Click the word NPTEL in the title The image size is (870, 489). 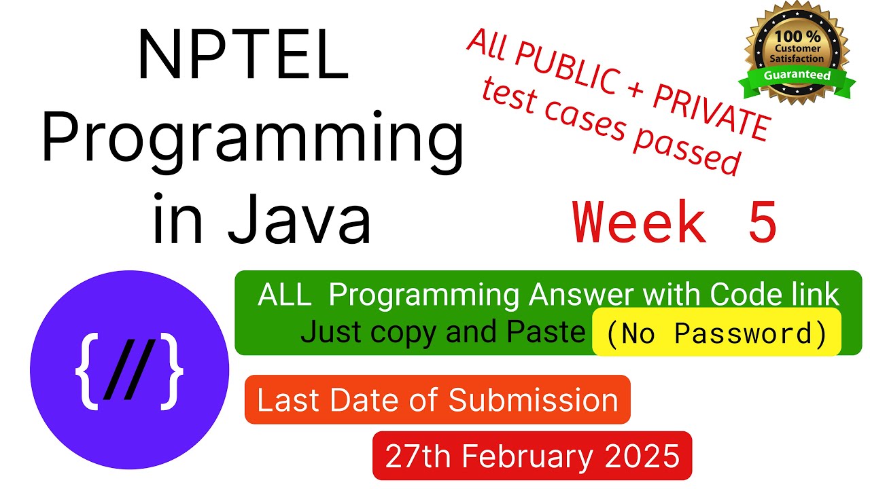pos(243,55)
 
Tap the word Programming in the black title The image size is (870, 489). pos(253,142)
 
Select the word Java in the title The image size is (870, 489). pos(300,219)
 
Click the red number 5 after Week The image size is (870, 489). pos(763,221)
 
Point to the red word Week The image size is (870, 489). pos(639,221)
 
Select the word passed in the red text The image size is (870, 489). pos(687,148)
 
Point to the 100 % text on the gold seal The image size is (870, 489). pos(798,37)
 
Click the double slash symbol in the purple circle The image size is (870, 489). pos(129,369)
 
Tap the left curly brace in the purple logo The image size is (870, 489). pos(86,371)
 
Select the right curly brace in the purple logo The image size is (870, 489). pos(172,371)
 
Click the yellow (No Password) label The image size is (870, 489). pos(716,333)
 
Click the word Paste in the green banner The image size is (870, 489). pos(546,332)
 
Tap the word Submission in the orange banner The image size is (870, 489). pos(534,400)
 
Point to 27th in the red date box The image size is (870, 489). pos(418,456)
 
